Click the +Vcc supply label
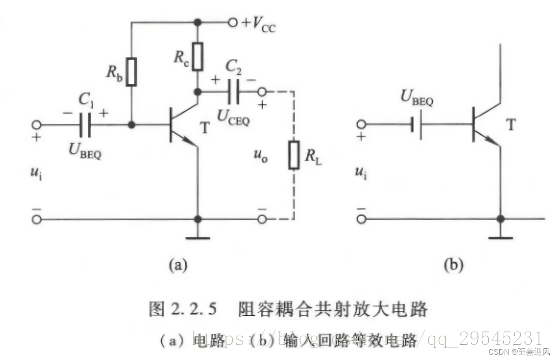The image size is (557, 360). (x=259, y=23)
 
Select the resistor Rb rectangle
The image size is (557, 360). (x=131, y=72)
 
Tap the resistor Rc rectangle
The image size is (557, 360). (x=197, y=57)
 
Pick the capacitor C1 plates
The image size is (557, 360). (x=84, y=125)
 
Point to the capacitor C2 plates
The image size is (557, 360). (x=233, y=92)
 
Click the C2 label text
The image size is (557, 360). (x=234, y=68)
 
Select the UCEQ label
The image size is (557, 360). (x=233, y=119)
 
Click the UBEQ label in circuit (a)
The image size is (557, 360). (x=85, y=150)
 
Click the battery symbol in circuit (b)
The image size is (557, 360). (x=417, y=125)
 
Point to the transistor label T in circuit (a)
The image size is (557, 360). (x=205, y=128)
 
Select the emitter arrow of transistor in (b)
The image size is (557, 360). (x=495, y=142)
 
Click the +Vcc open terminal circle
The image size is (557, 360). (x=233, y=22)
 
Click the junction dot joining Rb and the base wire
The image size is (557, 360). (x=131, y=125)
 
